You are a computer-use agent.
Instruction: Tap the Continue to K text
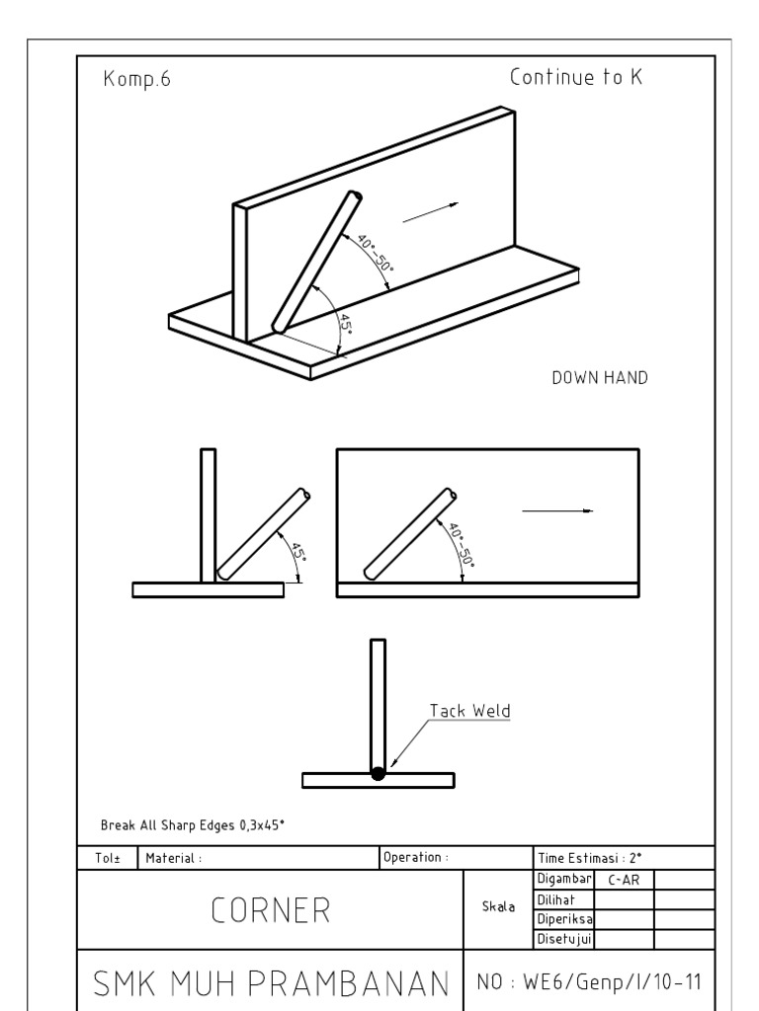pos(576,78)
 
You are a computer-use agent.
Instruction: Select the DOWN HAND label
pos(600,378)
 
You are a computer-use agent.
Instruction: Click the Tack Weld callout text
pos(469,710)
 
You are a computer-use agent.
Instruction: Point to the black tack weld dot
pos(378,774)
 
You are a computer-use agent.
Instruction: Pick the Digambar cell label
pos(562,879)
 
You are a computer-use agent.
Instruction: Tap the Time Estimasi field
pos(587,857)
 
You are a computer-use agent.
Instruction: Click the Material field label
pos(174,857)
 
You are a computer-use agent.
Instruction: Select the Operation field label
pos(416,857)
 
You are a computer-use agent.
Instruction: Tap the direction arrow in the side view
pos(557,510)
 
